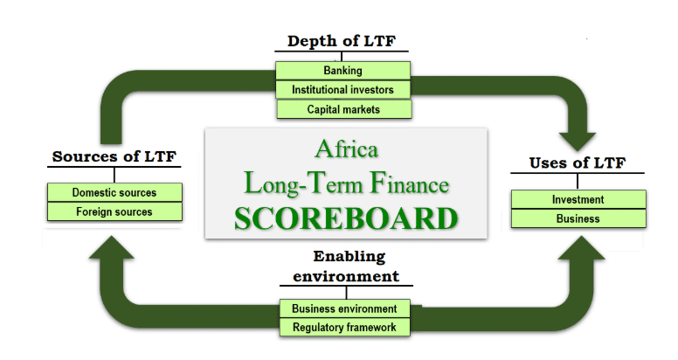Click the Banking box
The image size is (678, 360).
point(342,71)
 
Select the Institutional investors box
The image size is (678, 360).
point(342,90)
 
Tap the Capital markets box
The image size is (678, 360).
point(343,109)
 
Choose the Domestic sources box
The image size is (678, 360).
point(114,192)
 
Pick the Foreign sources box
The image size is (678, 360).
point(114,211)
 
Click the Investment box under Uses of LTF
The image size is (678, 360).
point(578,199)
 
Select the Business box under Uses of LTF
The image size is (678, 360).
point(578,218)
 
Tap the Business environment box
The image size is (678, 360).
point(344,308)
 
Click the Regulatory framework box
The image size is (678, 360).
point(344,327)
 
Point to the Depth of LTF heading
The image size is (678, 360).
point(342,41)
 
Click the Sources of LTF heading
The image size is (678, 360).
point(114,156)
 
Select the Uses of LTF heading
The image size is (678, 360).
point(578,163)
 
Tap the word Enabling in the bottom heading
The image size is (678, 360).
point(349,257)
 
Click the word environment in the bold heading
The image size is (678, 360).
point(346,276)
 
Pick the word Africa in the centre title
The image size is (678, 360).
point(346,149)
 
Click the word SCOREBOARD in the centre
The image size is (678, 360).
point(346,218)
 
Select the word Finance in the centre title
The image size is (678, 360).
point(409,183)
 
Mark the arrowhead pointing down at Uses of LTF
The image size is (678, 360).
point(578,141)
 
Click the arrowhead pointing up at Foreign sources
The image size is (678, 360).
point(112,247)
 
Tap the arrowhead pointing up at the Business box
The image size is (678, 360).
point(581,247)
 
